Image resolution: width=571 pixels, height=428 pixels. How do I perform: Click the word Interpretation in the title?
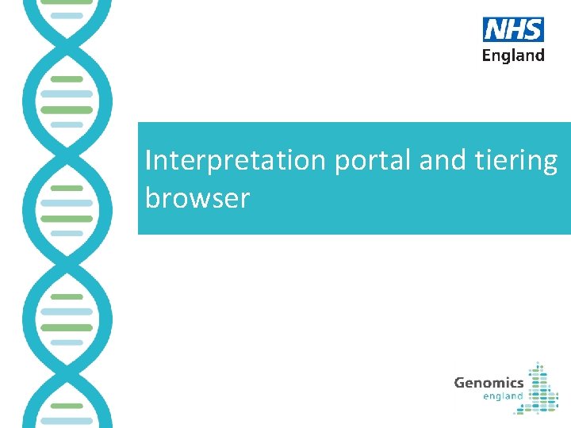pos(236,160)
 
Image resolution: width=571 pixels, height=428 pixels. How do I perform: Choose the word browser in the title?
pos(197,197)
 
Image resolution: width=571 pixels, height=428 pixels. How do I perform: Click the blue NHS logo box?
pos(513,29)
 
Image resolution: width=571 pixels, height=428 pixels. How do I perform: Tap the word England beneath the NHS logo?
pos(513,55)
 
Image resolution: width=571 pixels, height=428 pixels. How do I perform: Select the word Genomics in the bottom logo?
pos(489,383)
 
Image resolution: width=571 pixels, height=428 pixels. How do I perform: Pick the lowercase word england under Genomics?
pos(503,396)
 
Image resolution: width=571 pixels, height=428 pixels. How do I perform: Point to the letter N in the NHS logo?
pos(495,29)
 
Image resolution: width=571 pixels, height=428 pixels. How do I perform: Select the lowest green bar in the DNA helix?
pos(67,405)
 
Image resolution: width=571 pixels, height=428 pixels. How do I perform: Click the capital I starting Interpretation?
pos(148,160)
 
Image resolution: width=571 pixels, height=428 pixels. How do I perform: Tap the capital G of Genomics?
pos(459,383)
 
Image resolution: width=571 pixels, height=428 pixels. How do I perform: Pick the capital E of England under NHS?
pos(487,55)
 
